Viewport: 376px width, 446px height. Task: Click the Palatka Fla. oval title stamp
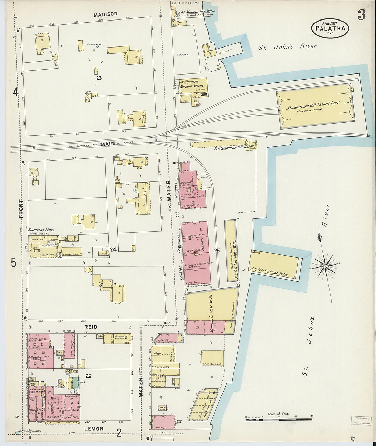pyautogui.click(x=330, y=28)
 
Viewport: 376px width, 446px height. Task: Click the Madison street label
pyautogui.click(x=105, y=14)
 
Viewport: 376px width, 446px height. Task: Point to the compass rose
pyautogui.click(x=325, y=265)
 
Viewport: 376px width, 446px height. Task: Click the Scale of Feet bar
pyautogui.click(x=279, y=418)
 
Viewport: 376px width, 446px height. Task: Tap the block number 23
pyautogui.click(x=99, y=78)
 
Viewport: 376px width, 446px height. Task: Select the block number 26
pyautogui.click(x=89, y=376)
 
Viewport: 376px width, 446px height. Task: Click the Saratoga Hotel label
pyautogui.click(x=41, y=230)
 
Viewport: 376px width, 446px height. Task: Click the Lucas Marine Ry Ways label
pyautogui.click(x=195, y=11)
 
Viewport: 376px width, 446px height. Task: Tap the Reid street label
pyautogui.click(x=91, y=327)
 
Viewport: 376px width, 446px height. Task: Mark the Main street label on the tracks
pyautogui.click(x=108, y=144)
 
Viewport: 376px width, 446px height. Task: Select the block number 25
pyautogui.click(x=217, y=251)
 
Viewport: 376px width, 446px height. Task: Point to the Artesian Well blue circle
pyautogui.click(x=97, y=46)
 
